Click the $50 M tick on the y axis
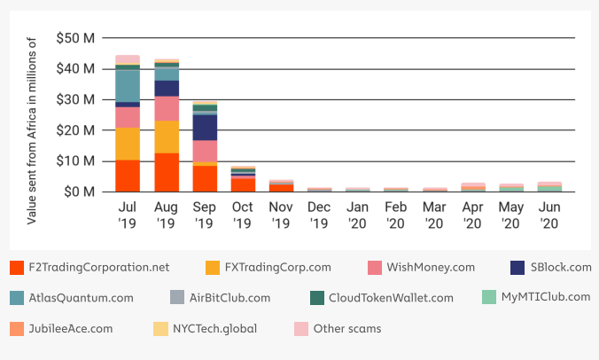(76, 38)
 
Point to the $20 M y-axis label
(76, 130)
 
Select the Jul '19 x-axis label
(128, 213)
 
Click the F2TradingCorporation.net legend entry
(98, 267)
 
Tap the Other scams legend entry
(346, 329)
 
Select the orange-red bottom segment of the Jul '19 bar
(128, 176)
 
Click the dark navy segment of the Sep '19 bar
(206, 128)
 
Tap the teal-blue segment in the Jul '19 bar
(128, 85)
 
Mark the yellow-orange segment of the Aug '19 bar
(167, 137)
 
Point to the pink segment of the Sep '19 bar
(206, 151)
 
